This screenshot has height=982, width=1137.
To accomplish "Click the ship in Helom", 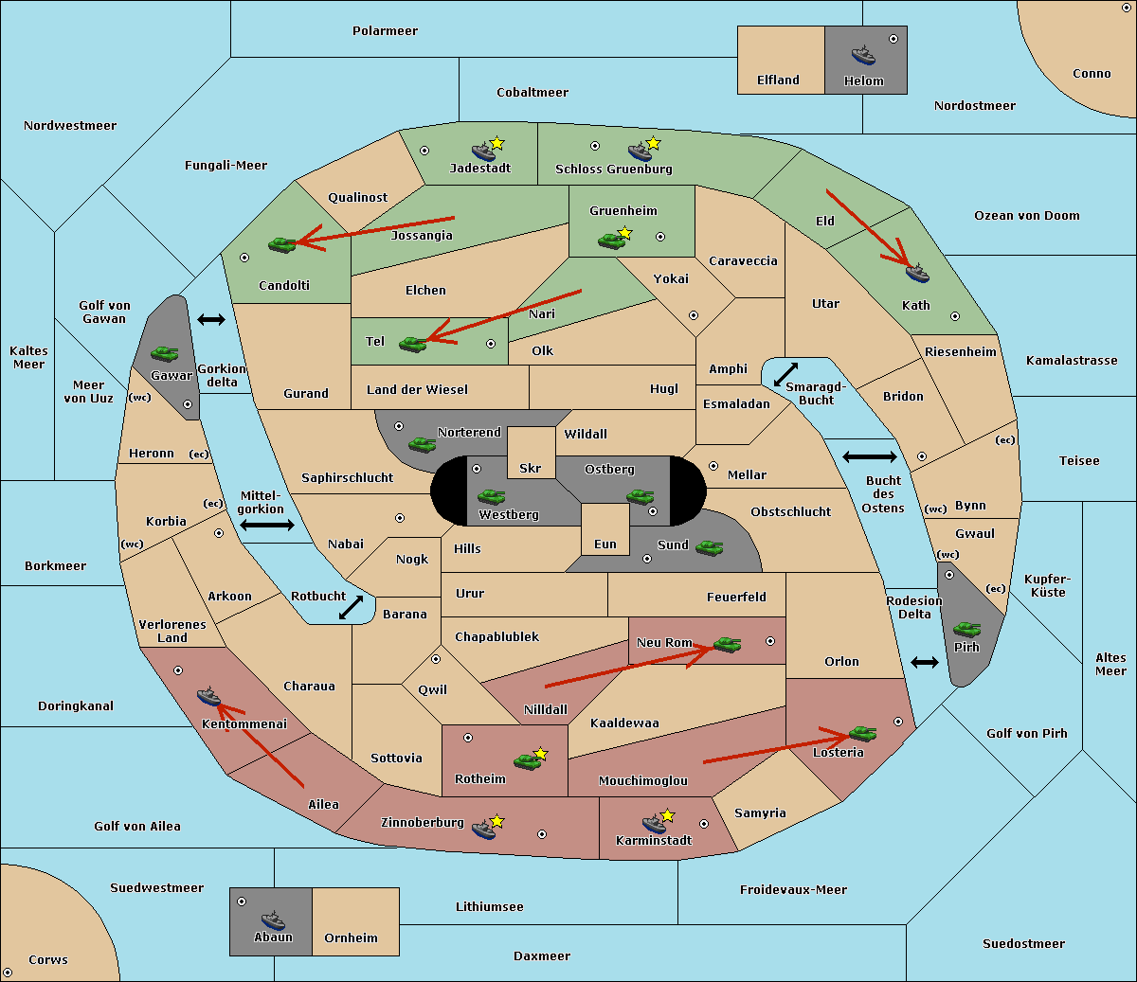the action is point(863,56).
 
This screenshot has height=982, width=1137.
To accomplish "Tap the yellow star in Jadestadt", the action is point(496,144).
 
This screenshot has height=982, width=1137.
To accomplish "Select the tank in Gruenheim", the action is point(611,241).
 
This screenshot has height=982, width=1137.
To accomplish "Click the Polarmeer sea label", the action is point(385,31).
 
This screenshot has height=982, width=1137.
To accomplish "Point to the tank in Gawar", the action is point(165,353).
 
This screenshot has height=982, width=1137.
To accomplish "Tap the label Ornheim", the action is point(351,937).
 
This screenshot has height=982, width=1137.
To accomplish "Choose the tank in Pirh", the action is point(966,629).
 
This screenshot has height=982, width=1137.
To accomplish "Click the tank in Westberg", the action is point(491,497).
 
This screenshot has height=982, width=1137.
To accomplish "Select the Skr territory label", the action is point(531,468).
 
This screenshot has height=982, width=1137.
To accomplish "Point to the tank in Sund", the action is point(709,547).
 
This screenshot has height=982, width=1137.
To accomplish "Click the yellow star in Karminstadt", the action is point(667,815).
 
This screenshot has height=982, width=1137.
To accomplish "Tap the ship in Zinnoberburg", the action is point(483,829).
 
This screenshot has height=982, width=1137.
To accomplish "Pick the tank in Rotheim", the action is point(527,762).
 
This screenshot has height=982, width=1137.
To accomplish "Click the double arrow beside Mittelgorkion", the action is point(267,525).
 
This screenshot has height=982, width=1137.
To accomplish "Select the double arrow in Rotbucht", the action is point(351,608).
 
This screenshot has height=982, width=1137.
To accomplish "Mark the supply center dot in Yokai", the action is point(694,315).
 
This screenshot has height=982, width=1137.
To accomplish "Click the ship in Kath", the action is point(917,273).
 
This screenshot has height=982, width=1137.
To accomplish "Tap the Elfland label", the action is point(778,80).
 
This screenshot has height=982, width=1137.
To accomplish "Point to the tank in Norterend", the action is point(422,444).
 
